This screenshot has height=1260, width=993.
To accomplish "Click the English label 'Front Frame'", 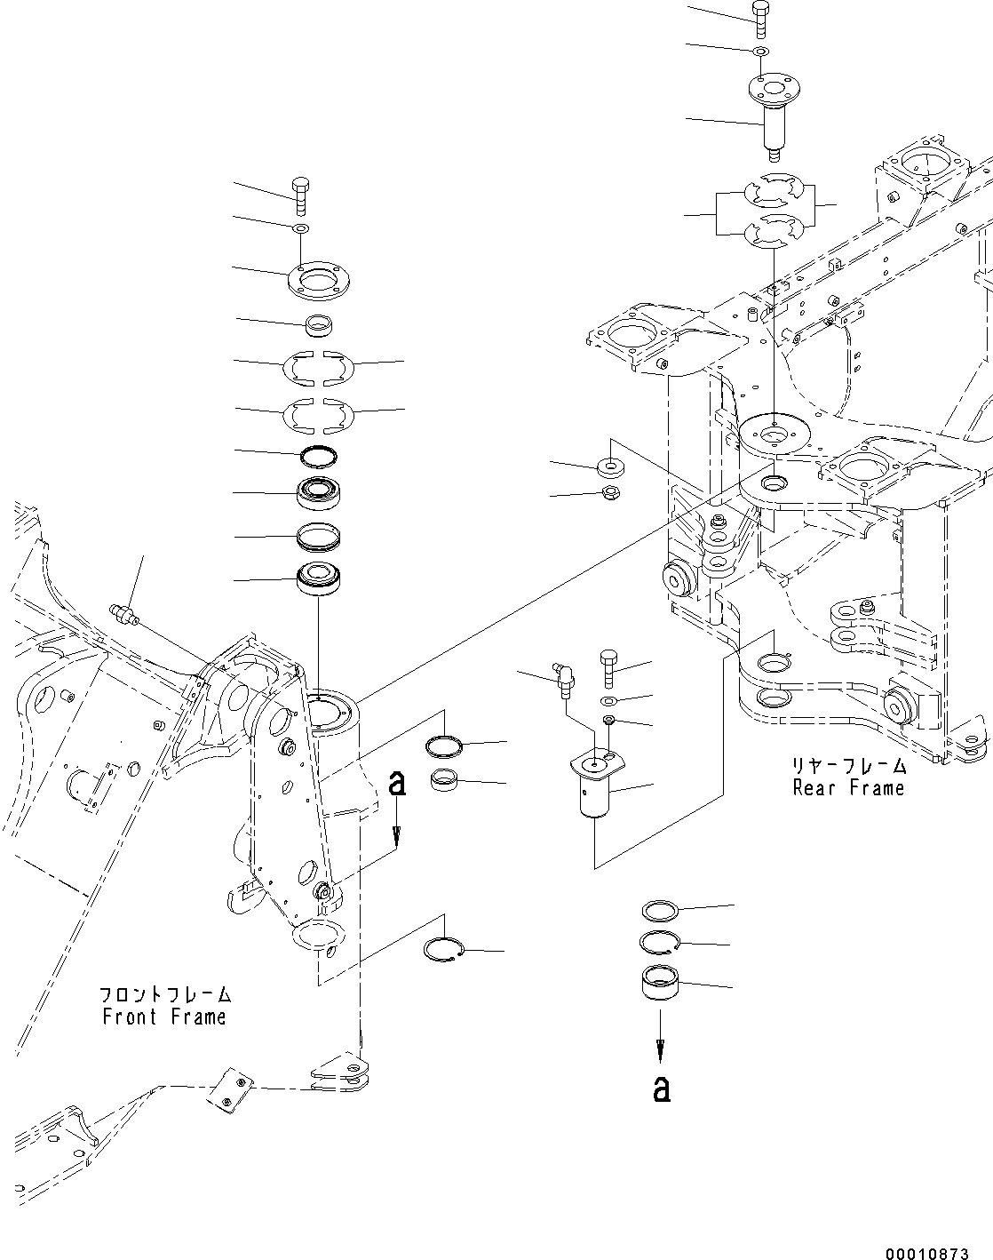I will pos(163,1017).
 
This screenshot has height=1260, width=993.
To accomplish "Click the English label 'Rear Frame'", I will pos(848,787).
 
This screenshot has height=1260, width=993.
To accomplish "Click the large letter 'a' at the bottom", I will pos(661,1089).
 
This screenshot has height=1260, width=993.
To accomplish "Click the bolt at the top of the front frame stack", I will pos(299,195).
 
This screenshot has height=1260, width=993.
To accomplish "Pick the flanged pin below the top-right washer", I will pos(771,116).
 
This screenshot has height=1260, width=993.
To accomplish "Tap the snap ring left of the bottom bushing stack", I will pos(441,950).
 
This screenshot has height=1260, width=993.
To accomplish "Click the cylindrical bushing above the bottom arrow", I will pos(660,983).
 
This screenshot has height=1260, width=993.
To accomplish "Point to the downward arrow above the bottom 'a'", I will pos(660,1041).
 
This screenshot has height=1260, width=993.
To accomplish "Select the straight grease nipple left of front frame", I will pos(123,614).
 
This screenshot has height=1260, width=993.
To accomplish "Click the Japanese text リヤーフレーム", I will pos(848,765).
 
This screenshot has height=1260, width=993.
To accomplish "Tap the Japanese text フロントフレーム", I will pos(163,993).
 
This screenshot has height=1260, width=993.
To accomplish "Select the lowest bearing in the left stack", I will pos(317,579).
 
